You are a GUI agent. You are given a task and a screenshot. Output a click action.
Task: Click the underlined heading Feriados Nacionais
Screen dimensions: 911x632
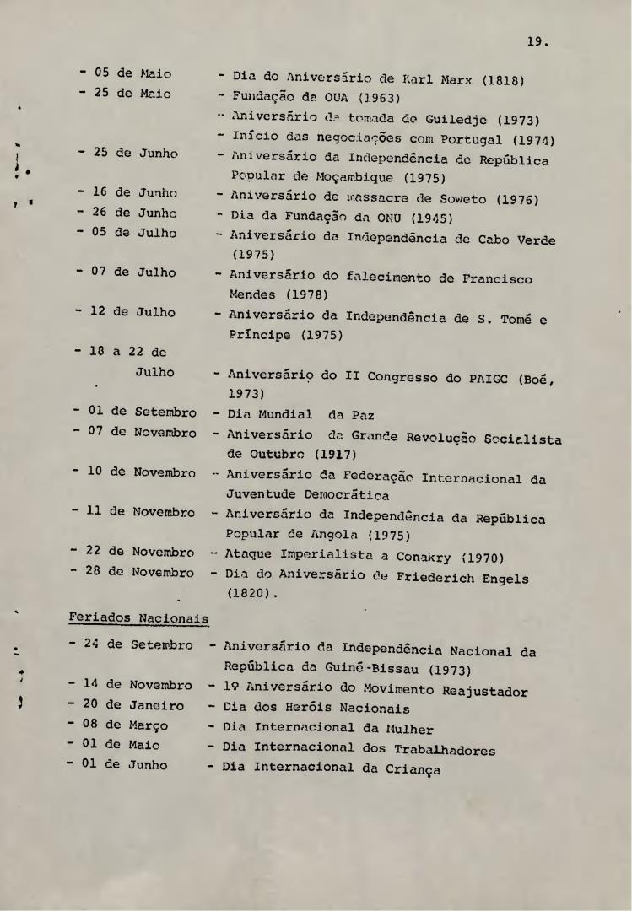(138, 617)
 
